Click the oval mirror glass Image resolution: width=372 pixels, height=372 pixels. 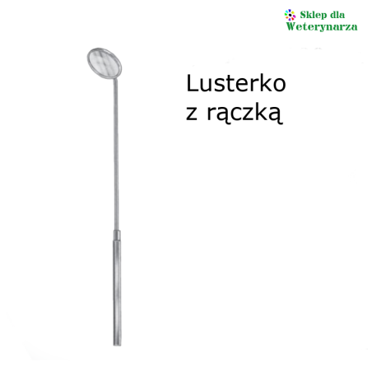pyautogui.click(x=105, y=63)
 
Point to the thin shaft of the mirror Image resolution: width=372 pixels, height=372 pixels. pyautogui.click(x=116, y=155)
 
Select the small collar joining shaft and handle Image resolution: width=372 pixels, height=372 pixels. pyautogui.click(x=117, y=235)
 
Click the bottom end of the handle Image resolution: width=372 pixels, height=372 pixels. pyautogui.click(x=117, y=345)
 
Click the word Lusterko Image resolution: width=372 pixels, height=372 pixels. pyautogui.click(x=236, y=83)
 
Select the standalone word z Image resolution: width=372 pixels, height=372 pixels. pyautogui.click(x=192, y=113)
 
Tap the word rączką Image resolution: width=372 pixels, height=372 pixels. pyautogui.click(x=244, y=113)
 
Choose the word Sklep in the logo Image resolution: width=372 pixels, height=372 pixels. pyautogui.click(x=312, y=15)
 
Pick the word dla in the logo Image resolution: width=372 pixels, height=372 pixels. pyautogui.click(x=337, y=15)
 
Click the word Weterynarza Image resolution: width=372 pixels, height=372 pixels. pyautogui.click(x=322, y=26)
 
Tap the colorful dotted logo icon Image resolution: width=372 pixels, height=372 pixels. pyautogui.click(x=290, y=15)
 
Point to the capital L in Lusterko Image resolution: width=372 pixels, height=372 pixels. pyautogui.click(x=192, y=83)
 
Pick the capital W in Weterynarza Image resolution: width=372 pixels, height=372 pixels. pyautogui.click(x=291, y=26)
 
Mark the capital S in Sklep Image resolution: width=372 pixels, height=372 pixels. pyautogui.click(x=303, y=15)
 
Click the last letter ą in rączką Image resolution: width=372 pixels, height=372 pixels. pyautogui.click(x=276, y=114)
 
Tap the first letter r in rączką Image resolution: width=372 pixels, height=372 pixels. pyautogui.click(x=212, y=113)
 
